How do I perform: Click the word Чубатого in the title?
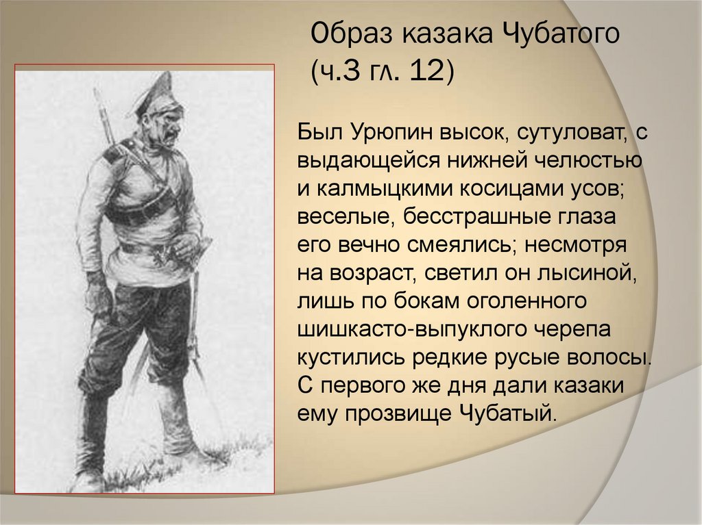point(552,34)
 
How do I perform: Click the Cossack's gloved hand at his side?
point(96,298)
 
